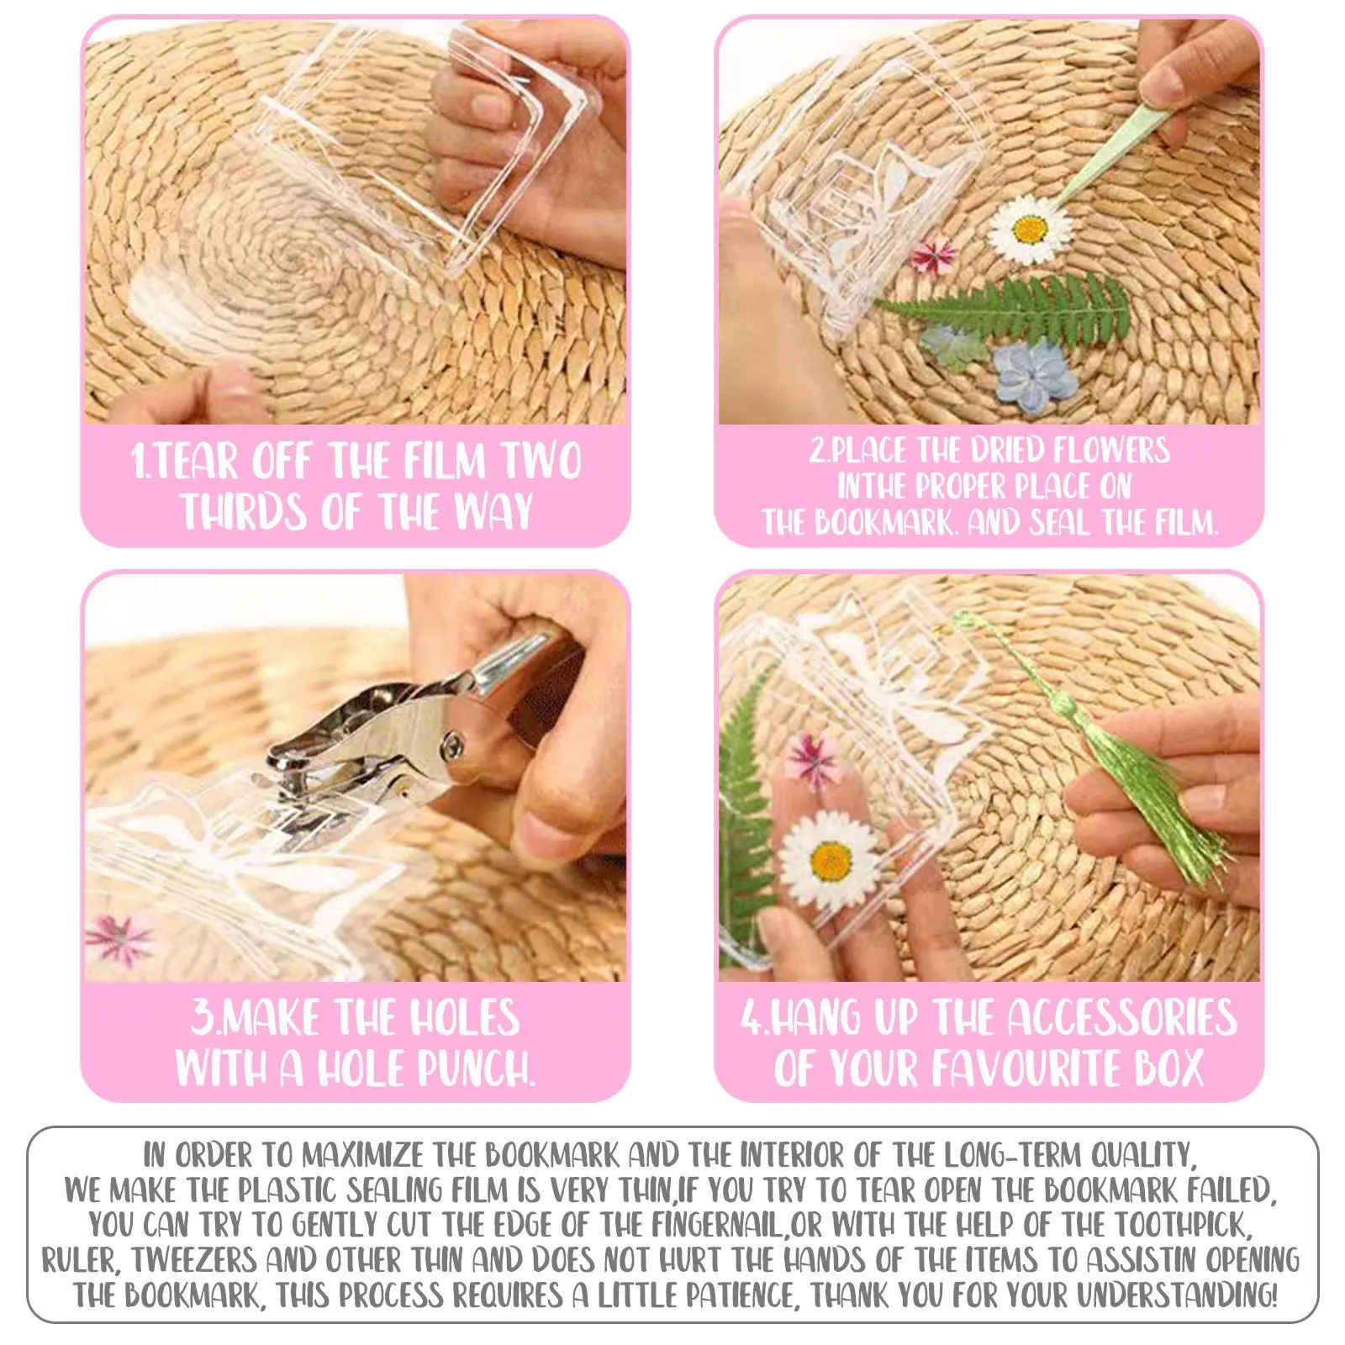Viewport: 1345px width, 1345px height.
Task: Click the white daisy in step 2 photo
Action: pyautogui.click(x=1030, y=229)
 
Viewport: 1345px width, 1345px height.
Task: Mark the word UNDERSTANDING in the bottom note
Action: pyautogui.click(x=1177, y=1295)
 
